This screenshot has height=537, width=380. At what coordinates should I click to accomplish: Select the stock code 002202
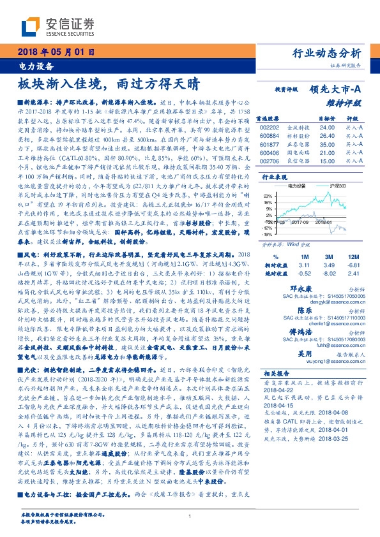tap(270, 127)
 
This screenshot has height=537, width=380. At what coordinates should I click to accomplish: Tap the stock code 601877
tap(270, 144)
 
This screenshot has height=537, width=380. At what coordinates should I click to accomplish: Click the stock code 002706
tap(270, 161)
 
